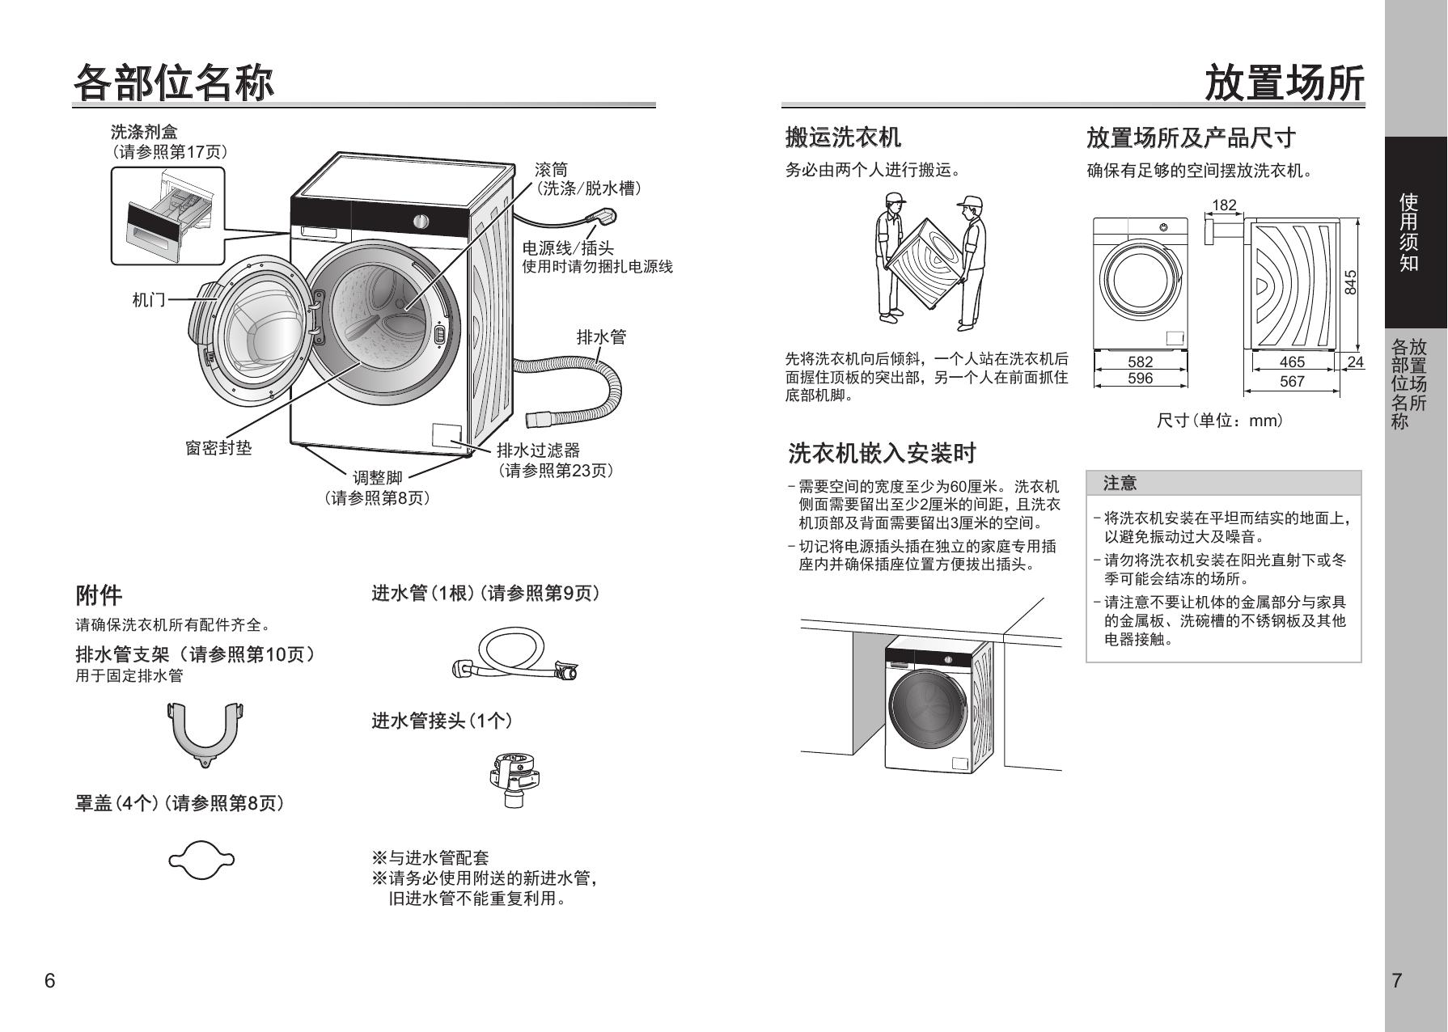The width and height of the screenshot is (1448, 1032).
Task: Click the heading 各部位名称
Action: click(x=174, y=83)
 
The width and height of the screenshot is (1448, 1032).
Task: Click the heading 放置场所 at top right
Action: click(x=1284, y=83)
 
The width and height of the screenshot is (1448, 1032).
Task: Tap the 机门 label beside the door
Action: click(x=149, y=300)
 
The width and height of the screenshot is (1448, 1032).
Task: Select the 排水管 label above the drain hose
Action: click(x=601, y=336)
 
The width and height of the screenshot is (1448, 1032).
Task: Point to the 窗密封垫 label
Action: click(x=218, y=447)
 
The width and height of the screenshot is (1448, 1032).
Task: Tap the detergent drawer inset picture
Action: click(x=167, y=216)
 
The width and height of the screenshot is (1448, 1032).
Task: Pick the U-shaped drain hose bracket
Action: click(x=206, y=734)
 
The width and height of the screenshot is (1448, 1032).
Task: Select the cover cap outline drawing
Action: click(x=201, y=859)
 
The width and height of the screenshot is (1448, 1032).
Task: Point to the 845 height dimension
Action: click(x=1350, y=282)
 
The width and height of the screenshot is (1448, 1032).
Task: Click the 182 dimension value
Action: click(x=1224, y=205)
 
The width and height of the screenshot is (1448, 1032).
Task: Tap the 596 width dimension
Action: click(x=1140, y=378)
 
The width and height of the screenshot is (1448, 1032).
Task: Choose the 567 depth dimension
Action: click(x=1292, y=381)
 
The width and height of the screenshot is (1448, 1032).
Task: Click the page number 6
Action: click(x=50, y=981)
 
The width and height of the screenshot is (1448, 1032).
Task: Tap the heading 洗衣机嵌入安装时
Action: click(x=883, y=453)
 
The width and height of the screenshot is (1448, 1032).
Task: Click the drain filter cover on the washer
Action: click(x=446, y=435)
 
